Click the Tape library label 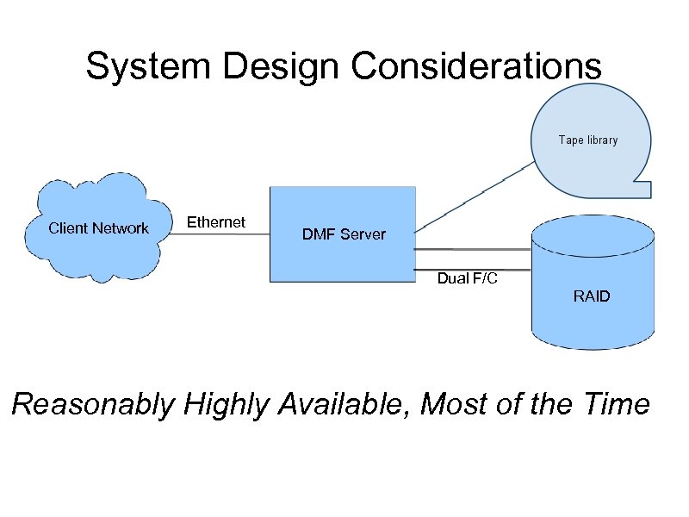587,140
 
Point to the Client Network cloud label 98,228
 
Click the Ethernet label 216,222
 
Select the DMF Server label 344,234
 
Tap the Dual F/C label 467,278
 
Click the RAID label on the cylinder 592,296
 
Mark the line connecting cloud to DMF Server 217,234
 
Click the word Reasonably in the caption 93,404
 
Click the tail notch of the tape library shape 642,183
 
